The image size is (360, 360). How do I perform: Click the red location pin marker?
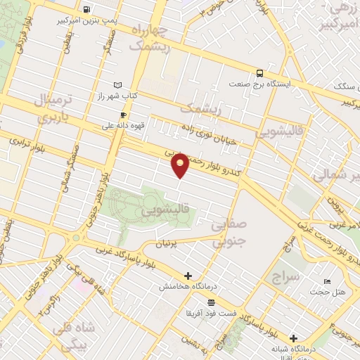click(181, 165)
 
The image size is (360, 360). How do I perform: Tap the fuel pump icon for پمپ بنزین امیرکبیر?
click(86, 10)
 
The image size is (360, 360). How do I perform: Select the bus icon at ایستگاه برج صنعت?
click(260, 72)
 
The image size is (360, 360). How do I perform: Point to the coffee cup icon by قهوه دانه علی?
click(123, 115)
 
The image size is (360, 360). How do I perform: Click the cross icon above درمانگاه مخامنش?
click(188, 276)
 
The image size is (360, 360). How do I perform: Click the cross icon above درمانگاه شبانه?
click(293, 338)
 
